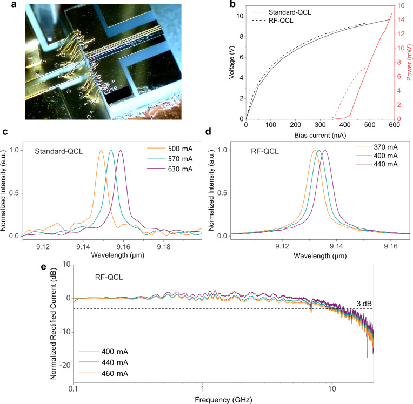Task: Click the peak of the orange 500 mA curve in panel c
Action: point(101,151)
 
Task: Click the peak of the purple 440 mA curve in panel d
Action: point(325,151)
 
